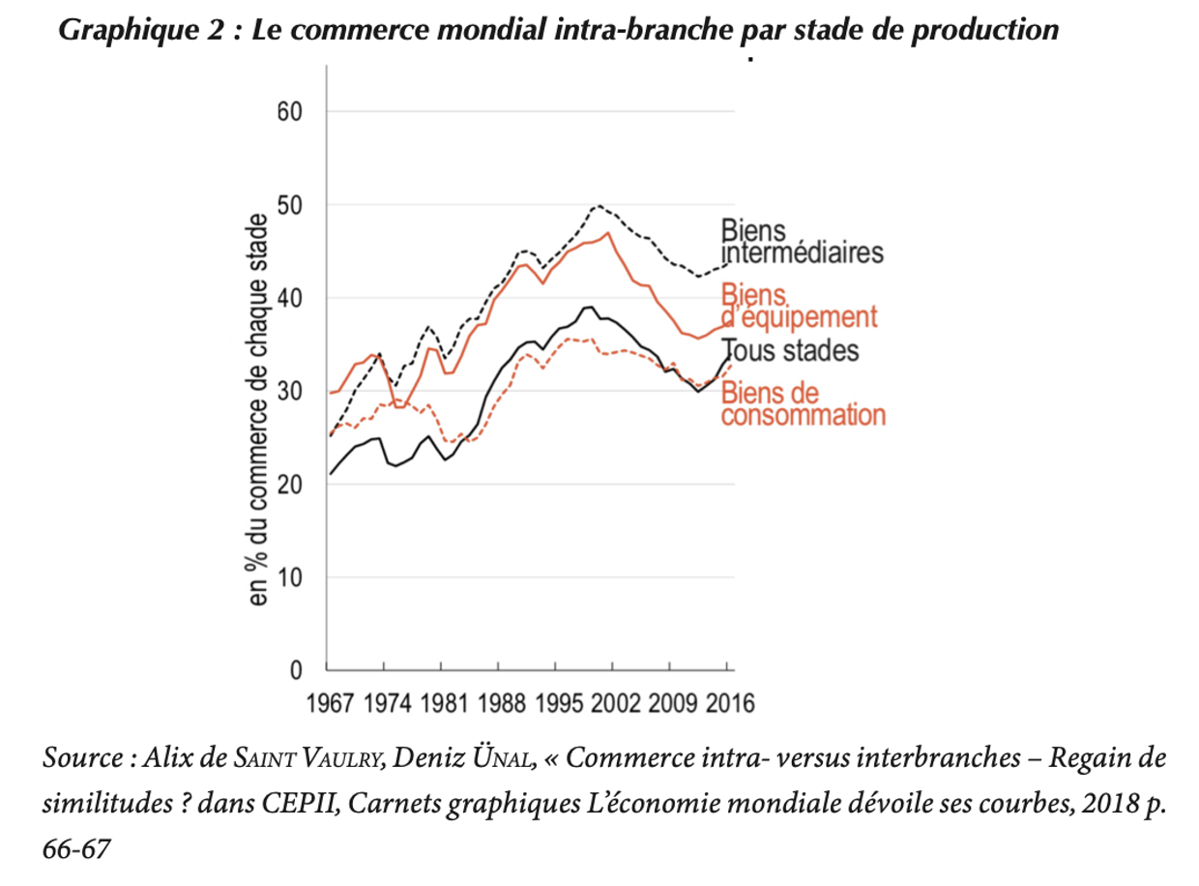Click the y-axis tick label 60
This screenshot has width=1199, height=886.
tap(289, 112)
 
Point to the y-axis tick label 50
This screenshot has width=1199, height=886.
tap(289, 205)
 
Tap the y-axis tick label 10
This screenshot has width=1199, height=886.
tap(289, 577)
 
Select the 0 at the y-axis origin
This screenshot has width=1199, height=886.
tap(297, 669)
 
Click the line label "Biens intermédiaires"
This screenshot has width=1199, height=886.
tap(802, 242)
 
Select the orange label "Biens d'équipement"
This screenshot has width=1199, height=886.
tap(799, 306)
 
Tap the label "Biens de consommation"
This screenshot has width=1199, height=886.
tap(803, 404)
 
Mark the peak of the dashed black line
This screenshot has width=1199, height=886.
tap(599, 206)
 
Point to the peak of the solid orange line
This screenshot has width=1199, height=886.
tap(607, 232)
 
